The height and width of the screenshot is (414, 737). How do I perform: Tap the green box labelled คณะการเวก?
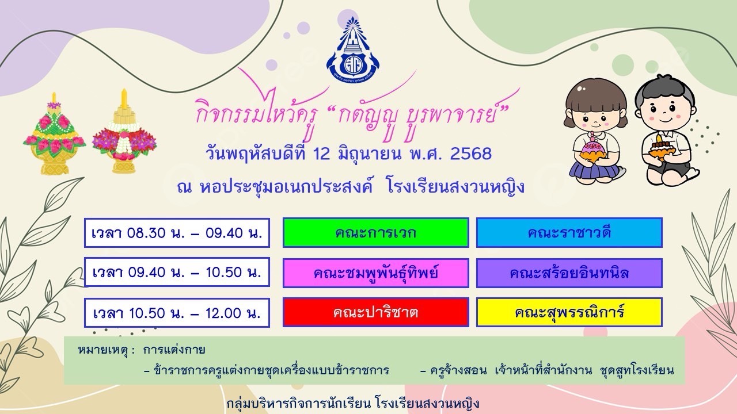click(x=376, y=233)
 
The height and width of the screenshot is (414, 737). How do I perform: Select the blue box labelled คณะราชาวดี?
click(x=569, y=233)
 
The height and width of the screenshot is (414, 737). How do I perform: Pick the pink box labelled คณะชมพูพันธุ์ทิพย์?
click(x=376, y=273)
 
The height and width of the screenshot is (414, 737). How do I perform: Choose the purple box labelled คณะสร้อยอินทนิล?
click(x=569, y=273)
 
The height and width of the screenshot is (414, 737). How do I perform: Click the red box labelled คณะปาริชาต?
click(x=376, y=312)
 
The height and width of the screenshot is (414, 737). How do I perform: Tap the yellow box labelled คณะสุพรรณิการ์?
click(x=569, y=312)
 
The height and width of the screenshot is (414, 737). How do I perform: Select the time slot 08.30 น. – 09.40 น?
click(x=177, y=233)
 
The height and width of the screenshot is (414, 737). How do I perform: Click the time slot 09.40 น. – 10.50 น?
click(x=177, y=272)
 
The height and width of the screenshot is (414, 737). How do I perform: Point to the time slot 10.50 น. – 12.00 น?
click(x=177, y=313)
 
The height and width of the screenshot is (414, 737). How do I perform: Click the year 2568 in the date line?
click(x=470, y=154)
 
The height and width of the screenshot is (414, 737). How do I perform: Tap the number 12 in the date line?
click(x=321, y=154)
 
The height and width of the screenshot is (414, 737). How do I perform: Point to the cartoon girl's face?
click(x=596, y=116)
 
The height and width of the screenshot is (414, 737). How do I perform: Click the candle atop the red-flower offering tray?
click(x=124, y=98)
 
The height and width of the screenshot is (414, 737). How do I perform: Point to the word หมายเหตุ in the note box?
click(x=102, y=350)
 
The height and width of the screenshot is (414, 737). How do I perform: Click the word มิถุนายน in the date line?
click(x=370, y=154)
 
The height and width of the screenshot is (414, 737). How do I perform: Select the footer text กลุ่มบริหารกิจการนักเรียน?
click(x=299, y=404)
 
